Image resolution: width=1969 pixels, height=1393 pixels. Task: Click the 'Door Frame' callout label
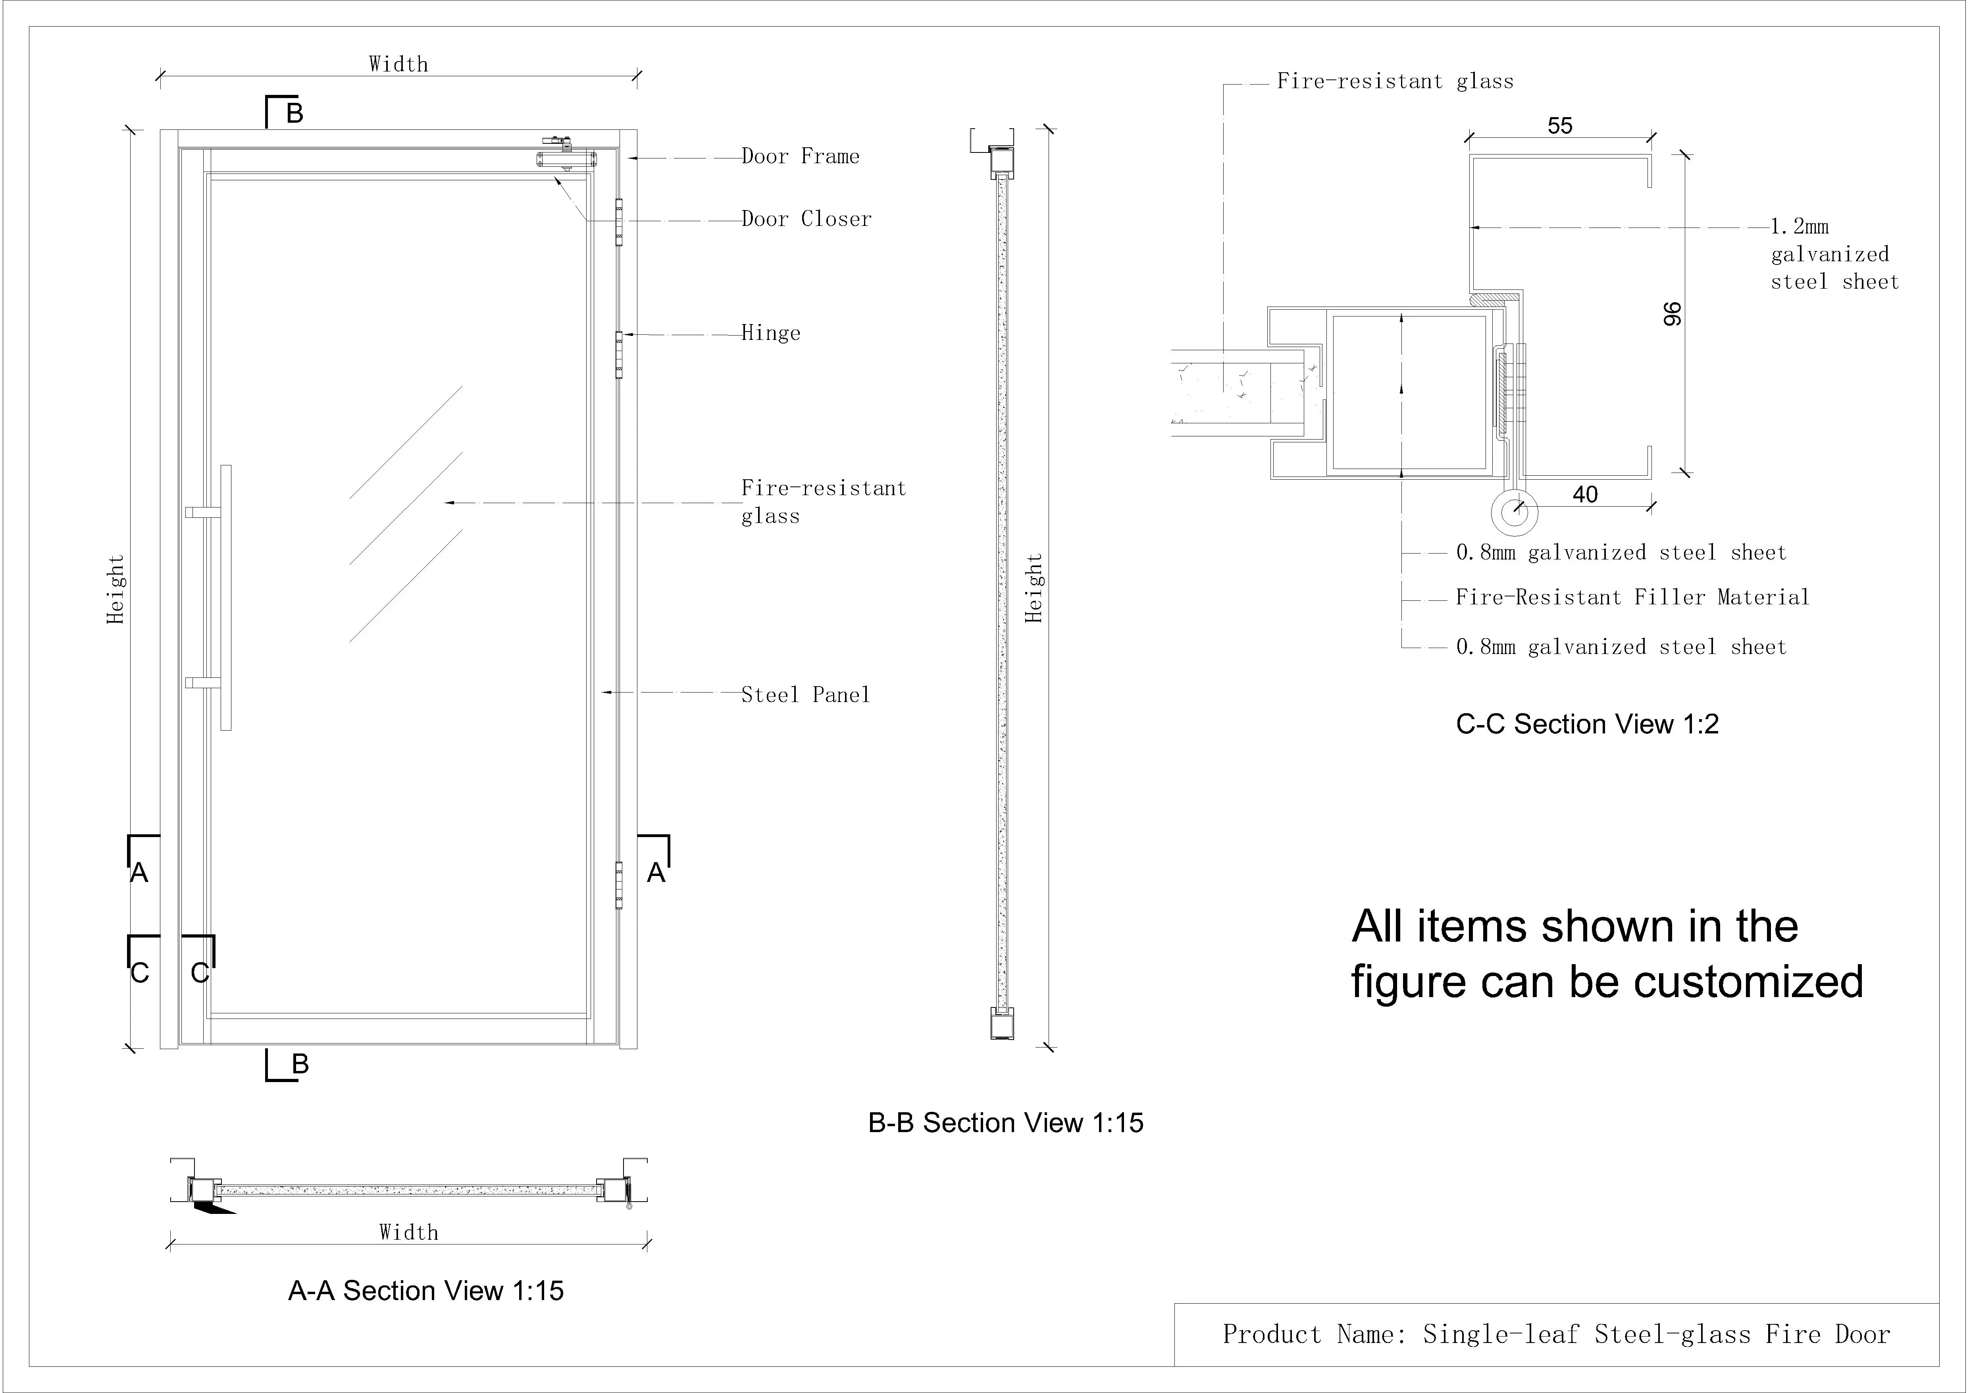[800, 156]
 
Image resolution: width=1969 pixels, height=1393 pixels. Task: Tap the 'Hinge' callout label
[771, 333]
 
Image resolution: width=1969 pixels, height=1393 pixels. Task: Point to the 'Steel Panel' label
[805, 695]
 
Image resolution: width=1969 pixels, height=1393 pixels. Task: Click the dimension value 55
[1560, 126]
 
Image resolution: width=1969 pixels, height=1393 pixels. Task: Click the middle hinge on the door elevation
[619, 356]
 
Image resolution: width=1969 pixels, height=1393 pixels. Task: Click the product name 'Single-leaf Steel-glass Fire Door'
[1656, 1335]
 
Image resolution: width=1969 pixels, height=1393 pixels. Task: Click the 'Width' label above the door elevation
[398, 64]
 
